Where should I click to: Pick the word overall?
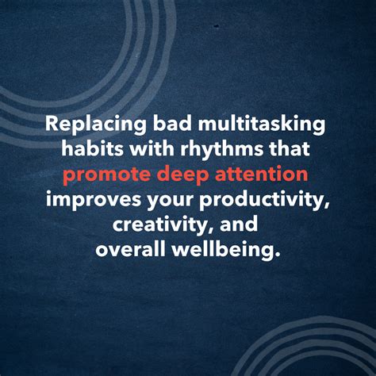coord(132,248)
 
